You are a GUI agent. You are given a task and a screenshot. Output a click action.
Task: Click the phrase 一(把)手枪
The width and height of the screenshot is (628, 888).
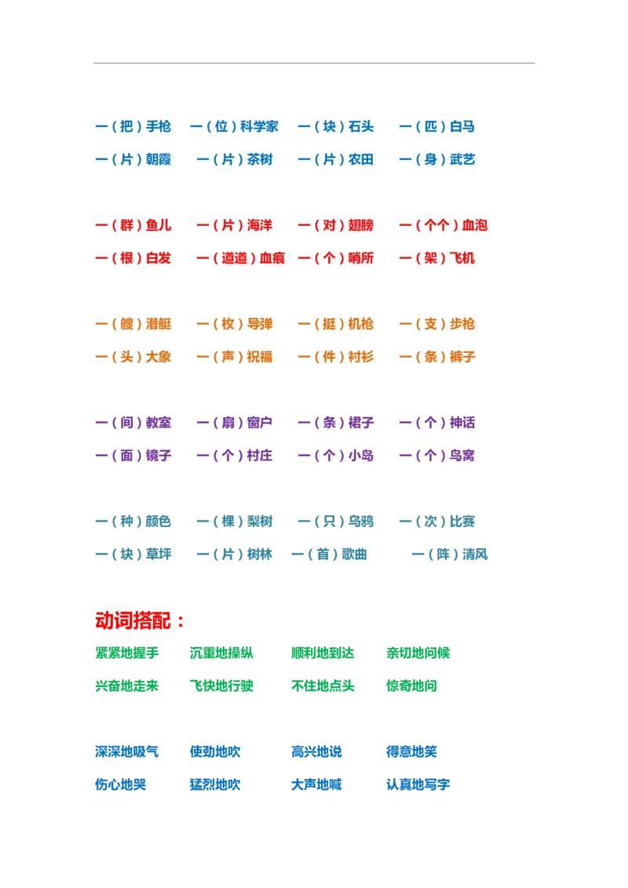[x=133, y=126]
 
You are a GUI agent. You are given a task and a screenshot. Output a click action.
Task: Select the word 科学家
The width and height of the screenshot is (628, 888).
[x=259, y=126]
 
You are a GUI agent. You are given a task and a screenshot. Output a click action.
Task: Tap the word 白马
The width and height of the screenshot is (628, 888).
[x=462, y=126]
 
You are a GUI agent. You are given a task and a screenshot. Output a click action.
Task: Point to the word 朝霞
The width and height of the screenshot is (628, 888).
[x=158, y=159]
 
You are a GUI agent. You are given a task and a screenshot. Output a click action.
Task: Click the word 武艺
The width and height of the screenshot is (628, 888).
[x=462, y=159]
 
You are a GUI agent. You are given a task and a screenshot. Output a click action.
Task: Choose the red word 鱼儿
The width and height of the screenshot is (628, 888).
[x=158, y=225]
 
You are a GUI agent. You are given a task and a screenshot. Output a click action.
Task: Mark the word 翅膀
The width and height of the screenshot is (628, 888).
[x=360, y=225]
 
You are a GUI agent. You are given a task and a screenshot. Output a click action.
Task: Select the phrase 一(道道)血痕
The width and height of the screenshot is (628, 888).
[x=240, y=258]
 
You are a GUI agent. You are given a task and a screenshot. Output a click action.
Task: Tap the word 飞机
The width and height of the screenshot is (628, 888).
[x=462, y=258]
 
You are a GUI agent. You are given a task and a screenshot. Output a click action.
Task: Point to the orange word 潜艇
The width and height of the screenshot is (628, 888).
[x=158, y=324]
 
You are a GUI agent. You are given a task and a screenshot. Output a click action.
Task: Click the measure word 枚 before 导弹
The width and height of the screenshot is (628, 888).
[x=228, y=324]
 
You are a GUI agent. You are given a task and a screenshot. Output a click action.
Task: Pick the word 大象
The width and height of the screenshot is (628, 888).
[x=158, y=357]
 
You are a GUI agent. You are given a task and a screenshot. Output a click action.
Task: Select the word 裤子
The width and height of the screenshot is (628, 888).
[x=462, y=357]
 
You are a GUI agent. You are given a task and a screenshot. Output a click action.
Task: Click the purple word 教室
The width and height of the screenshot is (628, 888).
[x=158, y=423]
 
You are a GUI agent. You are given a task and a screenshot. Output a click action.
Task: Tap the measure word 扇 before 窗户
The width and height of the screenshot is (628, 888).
[x=228, y=423]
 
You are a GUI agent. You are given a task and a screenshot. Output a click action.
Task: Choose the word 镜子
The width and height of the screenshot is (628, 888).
[x=158, y=456]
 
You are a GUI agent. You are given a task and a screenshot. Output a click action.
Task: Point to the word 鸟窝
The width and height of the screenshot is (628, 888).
[x=462, y=456]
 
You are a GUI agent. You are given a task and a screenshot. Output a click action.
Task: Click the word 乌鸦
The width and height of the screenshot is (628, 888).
[x=360, y=522]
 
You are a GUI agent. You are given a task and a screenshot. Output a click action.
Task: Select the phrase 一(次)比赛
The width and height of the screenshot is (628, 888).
[x=436, y=522]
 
